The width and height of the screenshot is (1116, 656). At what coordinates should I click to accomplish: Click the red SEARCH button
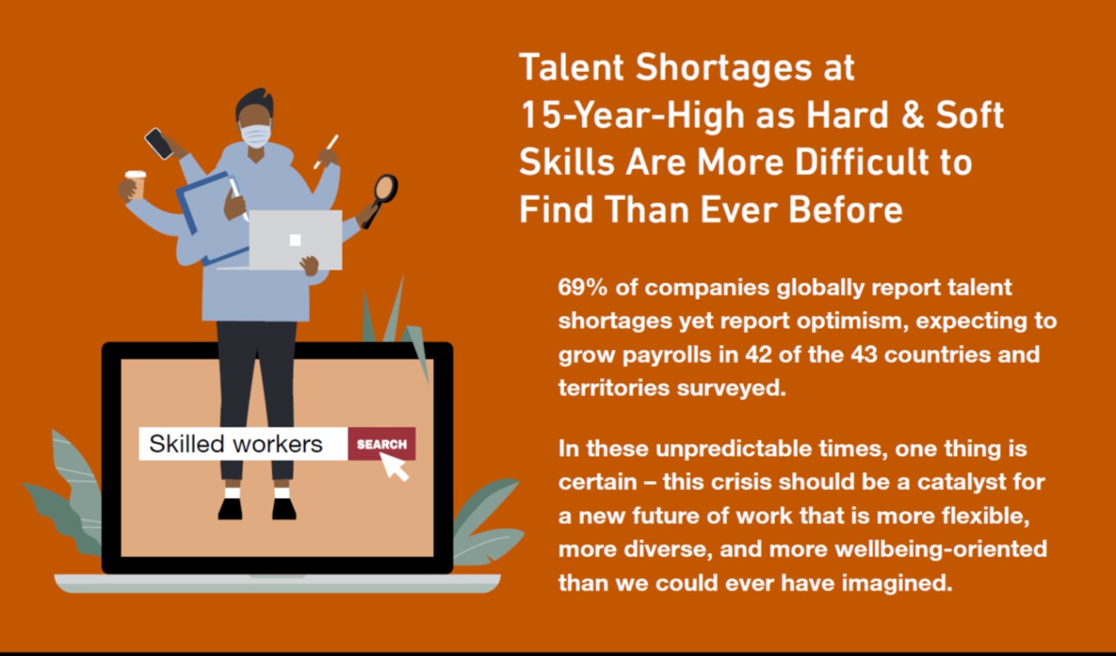[381, 444]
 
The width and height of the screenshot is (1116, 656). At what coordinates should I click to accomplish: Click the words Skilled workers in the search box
[236, 444]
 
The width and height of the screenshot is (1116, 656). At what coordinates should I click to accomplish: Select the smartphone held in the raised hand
[159, 144]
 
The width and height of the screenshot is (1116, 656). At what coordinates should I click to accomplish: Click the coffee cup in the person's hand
[136, 184]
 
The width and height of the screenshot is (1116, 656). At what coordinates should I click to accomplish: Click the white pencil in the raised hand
[326, 151]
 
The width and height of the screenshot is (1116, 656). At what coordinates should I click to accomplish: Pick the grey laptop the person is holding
[295, 240]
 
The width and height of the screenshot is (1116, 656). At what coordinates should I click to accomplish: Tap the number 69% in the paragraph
[582, 288]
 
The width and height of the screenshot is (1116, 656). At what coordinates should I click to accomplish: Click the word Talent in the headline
[571, 67]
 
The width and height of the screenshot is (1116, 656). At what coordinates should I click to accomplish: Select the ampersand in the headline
[912, 115]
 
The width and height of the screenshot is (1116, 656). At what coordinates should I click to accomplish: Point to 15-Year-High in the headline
[632, 115]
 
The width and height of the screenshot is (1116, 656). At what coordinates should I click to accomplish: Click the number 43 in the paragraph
[863, 355]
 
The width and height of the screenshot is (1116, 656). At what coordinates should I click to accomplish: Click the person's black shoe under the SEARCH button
[284, 509]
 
